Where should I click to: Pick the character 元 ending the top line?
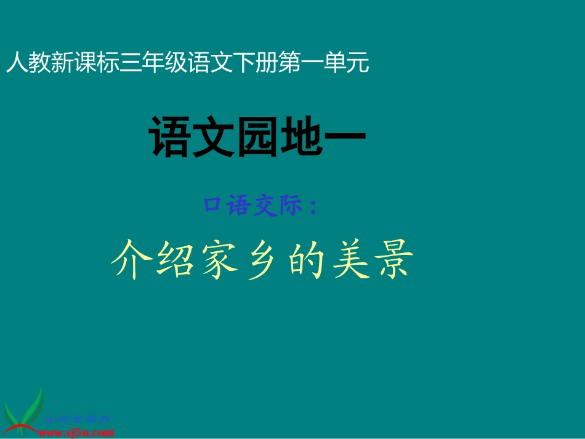point(358,63)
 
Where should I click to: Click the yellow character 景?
point(392,259)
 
